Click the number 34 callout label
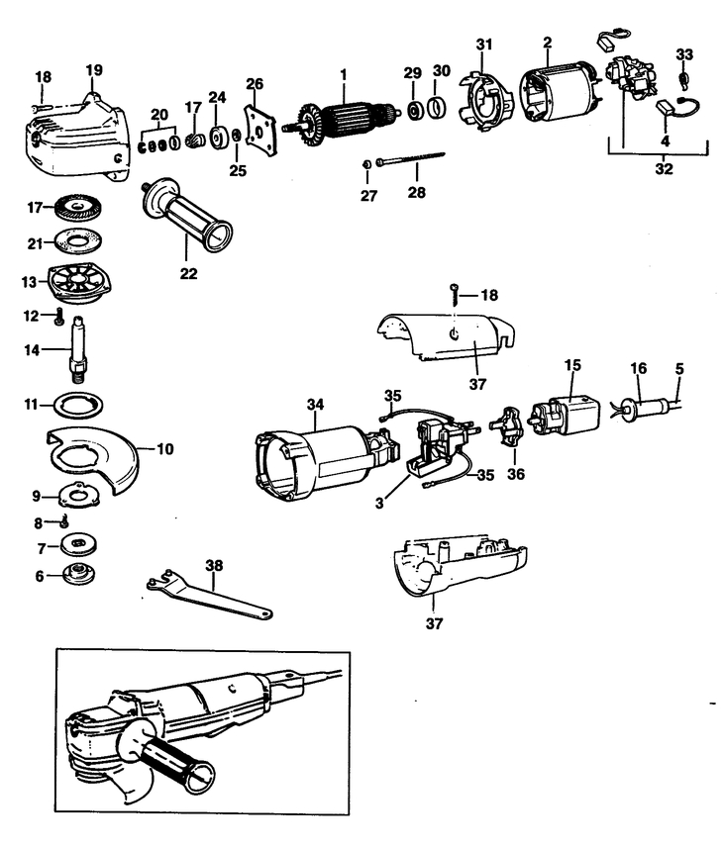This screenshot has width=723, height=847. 315,404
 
